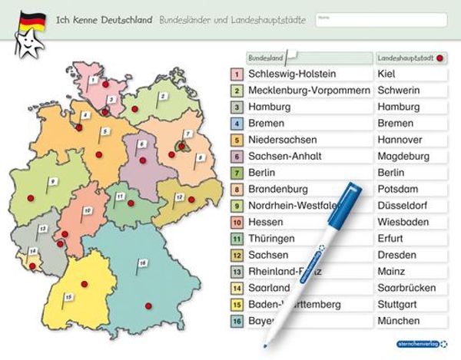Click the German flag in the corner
click(x=31, y=18)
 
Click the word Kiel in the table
click(x=387, y=74)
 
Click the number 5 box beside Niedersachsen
click(x=237, y=140)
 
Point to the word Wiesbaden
click(x=404, y=222)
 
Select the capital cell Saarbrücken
click(x=410, y=288)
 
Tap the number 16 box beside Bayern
click(x=237, y=321)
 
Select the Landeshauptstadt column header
click(x=410, y=58)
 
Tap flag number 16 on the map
click(x=142, y=263)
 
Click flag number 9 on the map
click(x=52, y=181)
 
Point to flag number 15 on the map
click(x=68, y=296)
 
